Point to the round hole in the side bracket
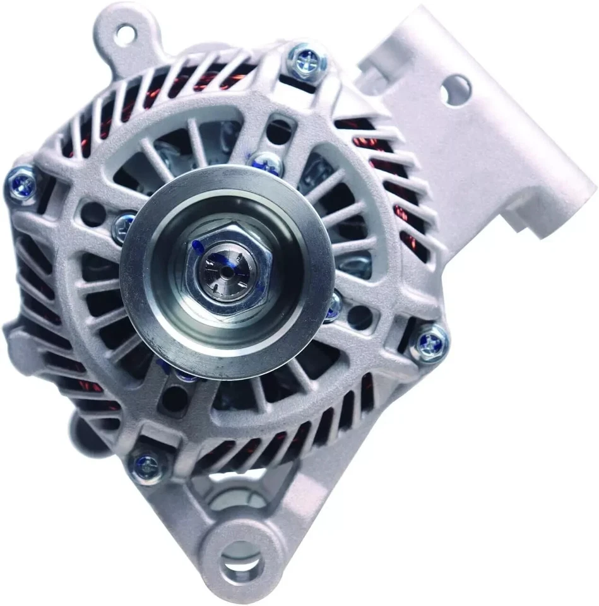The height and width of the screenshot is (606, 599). [x=456, y=90]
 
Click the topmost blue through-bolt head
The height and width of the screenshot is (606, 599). [x=305, y=62]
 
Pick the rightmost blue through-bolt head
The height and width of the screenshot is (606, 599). [x=430, y=344]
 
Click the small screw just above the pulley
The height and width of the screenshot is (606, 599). [x=268, y=163]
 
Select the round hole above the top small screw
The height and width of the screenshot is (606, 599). [x=278, y=131]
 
